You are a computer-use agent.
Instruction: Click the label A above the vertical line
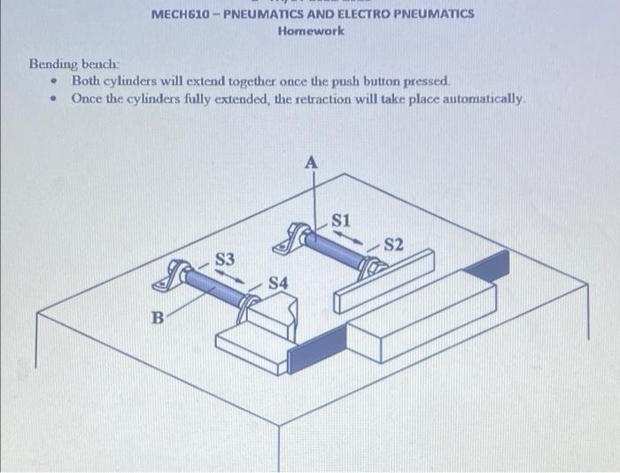tap(310, 162)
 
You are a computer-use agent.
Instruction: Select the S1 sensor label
tap(343, 219)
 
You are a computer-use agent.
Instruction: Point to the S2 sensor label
tap(393, 244)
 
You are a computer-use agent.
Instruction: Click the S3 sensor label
tap(227, 259)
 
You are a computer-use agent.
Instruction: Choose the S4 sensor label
tap(277, 283)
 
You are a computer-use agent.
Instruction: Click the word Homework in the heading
tap(311, 30)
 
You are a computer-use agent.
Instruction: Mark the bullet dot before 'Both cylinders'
tap(55, 81)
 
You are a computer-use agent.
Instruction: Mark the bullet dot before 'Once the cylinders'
tap(55, 98)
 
